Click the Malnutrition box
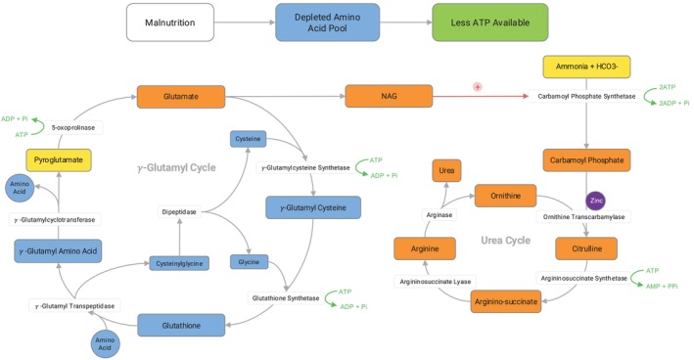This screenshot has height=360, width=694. [x=170, y=22]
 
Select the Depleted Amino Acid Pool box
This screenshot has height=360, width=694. [x=328, y=22]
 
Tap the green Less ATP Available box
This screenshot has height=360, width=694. [x=490, y=22]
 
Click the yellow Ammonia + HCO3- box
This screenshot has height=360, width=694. [x=586, y=67]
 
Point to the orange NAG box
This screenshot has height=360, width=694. [x=389, y=96]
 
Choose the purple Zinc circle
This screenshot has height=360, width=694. [x=596, y=201]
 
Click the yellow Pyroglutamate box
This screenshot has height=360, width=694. [x=59, y=160]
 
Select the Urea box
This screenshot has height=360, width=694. [x=446, y=171]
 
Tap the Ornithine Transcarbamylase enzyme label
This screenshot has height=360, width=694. [x=583, y=217]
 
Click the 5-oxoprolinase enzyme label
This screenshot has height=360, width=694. [x=73, y=128]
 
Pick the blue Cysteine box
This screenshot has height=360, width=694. [x=248, y=139]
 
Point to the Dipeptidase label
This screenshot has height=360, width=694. [x=179, y=212]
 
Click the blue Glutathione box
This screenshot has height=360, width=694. [x=181, y=326]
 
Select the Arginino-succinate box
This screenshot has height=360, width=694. [x=506, y=301]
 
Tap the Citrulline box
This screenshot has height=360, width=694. [x=586, y=248]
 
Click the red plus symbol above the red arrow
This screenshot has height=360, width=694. [x=477, y=87]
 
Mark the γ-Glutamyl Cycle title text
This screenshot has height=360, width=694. [x=176, y=167]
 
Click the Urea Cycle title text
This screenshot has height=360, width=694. [x=505, y=240]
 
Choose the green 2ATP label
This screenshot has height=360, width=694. [x=667, y=88]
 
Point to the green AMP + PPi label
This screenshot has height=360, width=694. [x=662, y=287]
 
